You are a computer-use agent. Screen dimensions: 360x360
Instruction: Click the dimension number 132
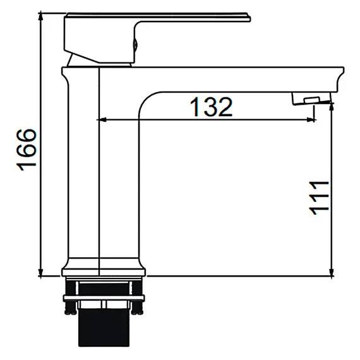tap(212, 107)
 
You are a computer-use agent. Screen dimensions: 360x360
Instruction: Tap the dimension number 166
tap(27, 150)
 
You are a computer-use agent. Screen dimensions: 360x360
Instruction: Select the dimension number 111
tap(320, 198)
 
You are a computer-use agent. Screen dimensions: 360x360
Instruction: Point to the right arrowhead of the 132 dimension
tap(311, 119)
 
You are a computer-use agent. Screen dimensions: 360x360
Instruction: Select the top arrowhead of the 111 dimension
tap(332, 107)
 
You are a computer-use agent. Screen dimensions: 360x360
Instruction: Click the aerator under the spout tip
tap(311, 99)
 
